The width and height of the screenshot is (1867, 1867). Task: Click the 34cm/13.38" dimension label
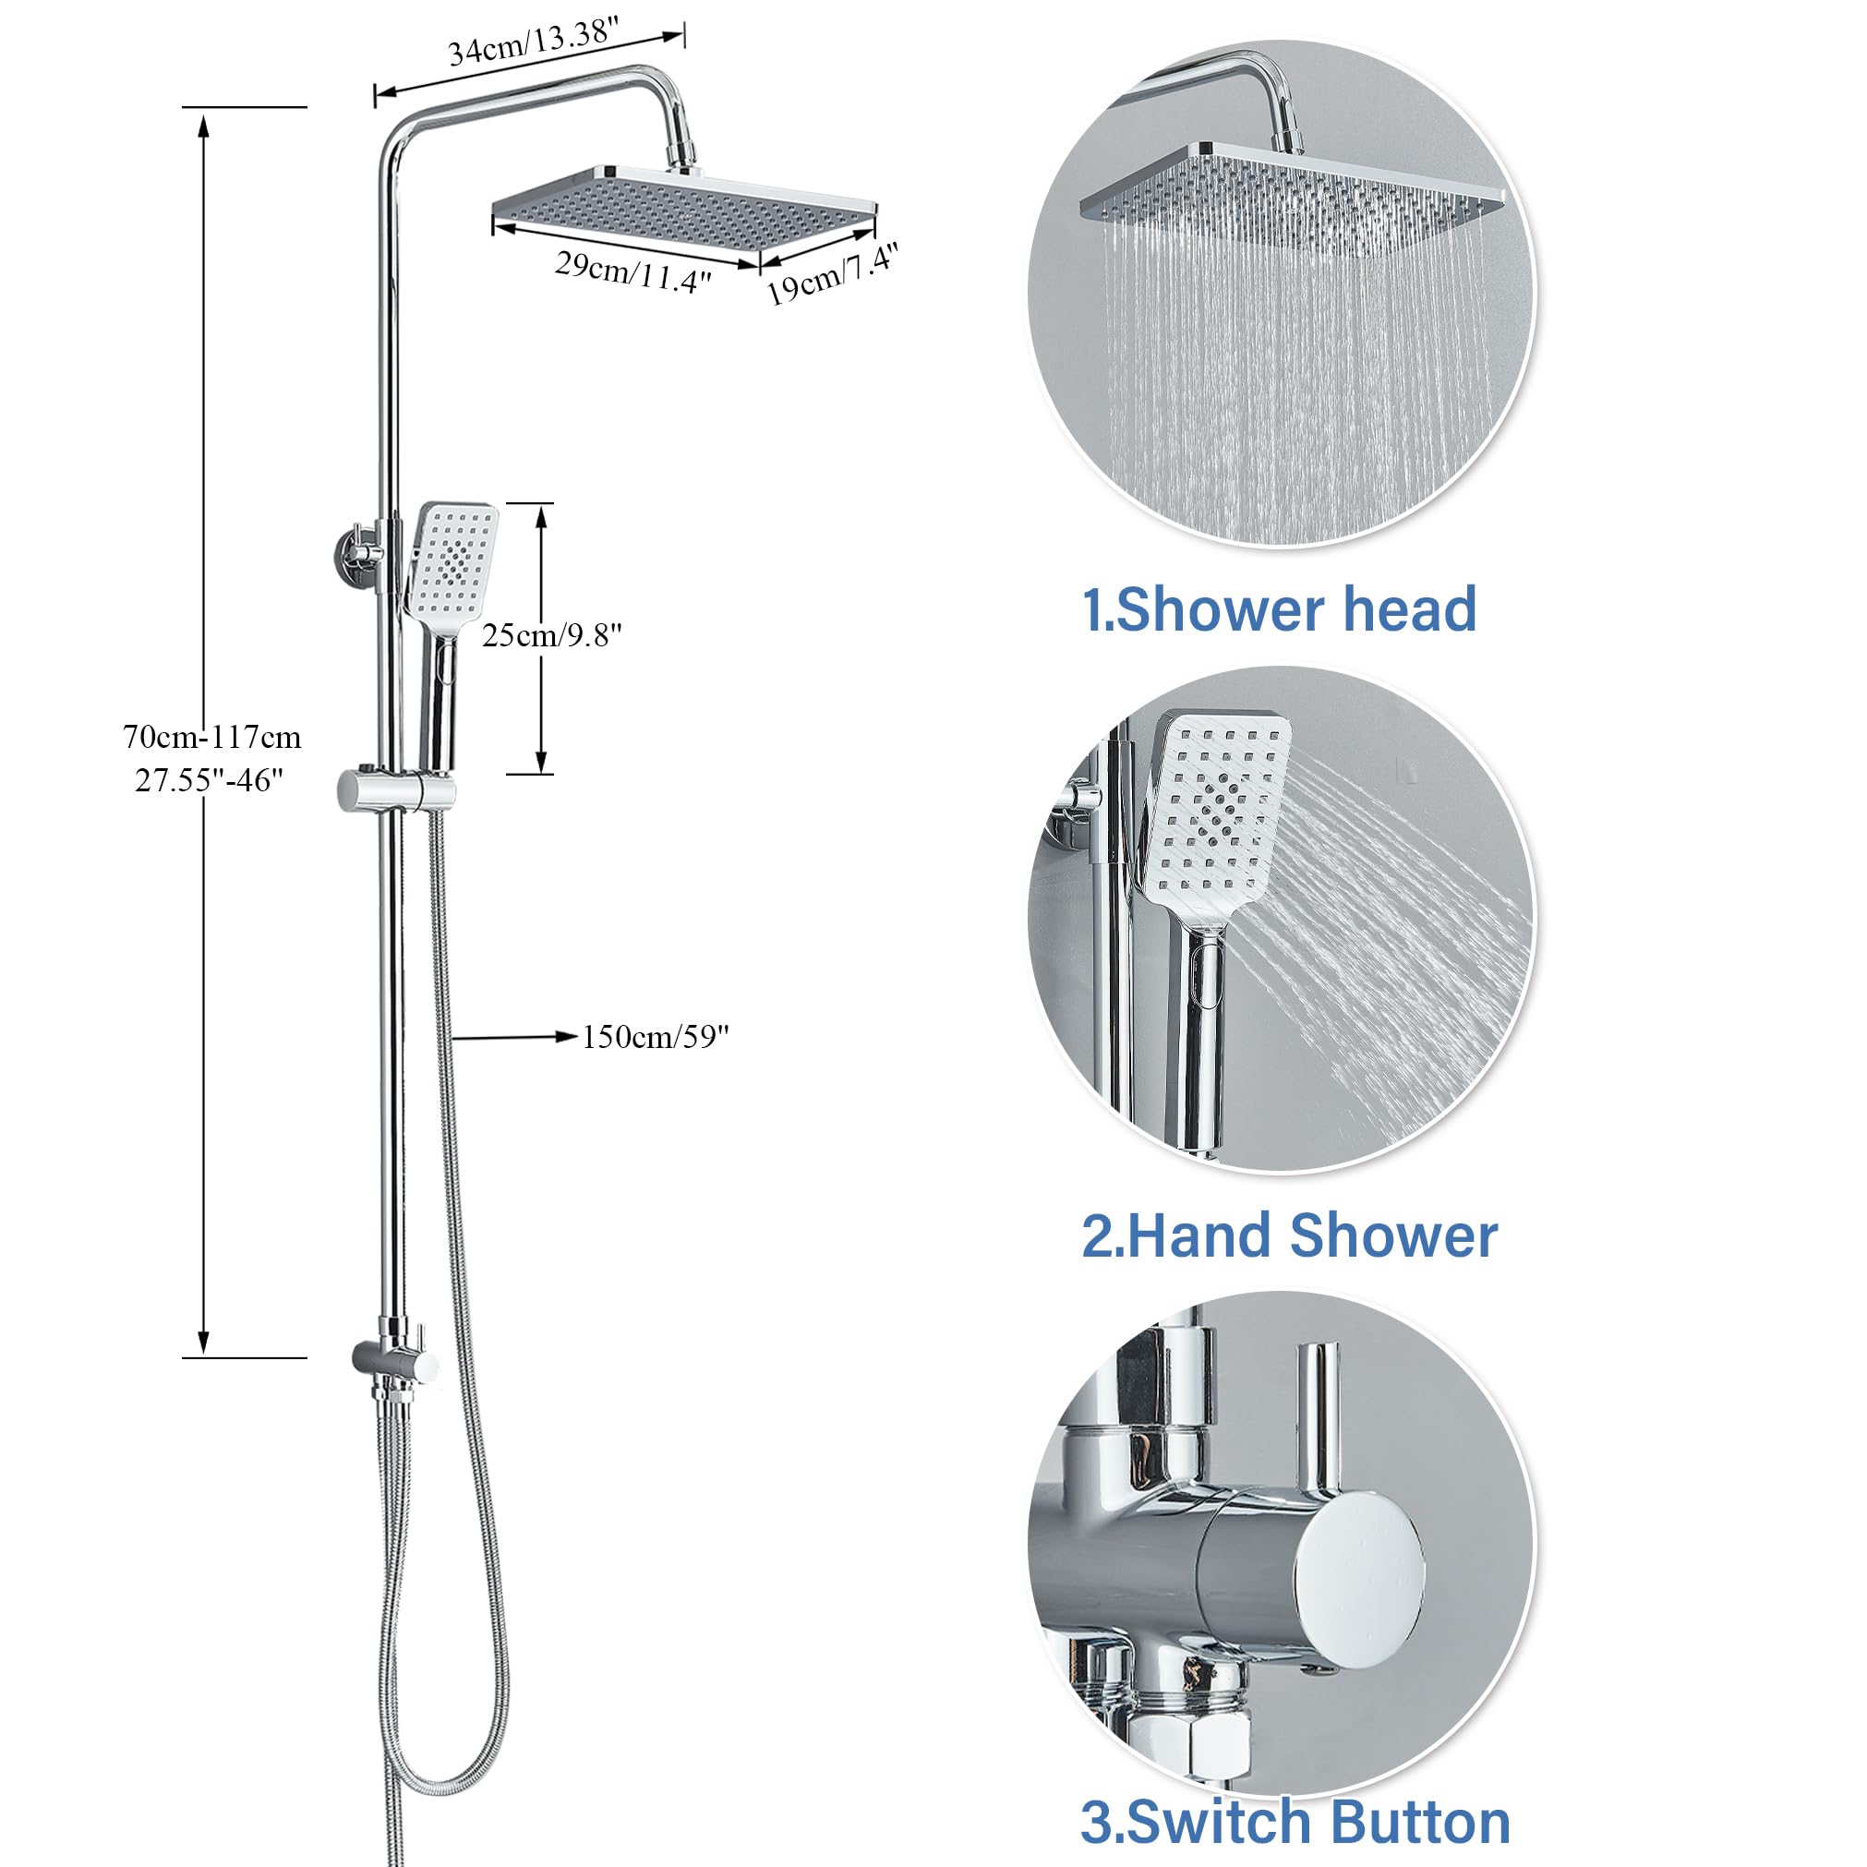[x=533, y=42]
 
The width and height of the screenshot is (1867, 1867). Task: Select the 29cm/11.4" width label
[x=633, y=271]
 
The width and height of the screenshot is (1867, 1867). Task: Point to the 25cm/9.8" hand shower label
[x=552, y=635]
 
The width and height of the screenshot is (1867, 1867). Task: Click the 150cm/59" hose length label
[x=656, y=1037]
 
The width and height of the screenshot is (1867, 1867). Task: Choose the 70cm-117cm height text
[x=211, y=738]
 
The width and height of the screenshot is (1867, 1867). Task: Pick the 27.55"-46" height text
[x=209, y=779]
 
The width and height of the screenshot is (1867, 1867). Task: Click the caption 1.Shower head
[x=1279, y=609]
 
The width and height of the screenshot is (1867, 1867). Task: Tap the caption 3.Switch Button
[x=1295, y=1822]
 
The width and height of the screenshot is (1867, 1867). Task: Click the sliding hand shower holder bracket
[x=395, y=791]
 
